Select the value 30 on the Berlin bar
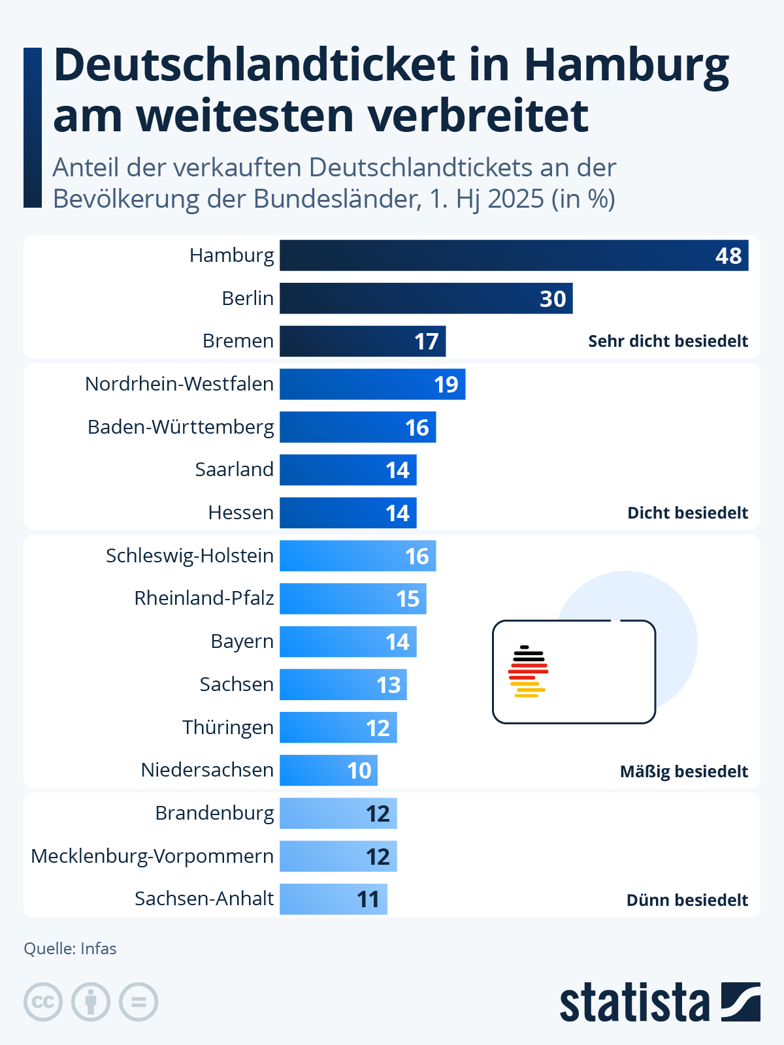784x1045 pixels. point(553,298)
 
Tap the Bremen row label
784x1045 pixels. point(238,341)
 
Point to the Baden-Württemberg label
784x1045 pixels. point(181,427)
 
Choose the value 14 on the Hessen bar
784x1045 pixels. point(397,513)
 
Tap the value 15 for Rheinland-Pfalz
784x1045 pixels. point(408,599)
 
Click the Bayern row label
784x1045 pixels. point(242,641)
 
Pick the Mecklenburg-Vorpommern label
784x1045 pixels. point(152,856)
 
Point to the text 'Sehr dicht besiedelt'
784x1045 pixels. point(668,341)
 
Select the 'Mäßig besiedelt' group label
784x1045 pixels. point(683,771)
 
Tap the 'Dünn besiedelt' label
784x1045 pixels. point(687,900)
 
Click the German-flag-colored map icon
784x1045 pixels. point(528,671)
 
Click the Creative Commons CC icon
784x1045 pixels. point(43,1002)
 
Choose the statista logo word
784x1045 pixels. point(634,1003)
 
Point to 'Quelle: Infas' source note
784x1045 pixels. point(70,948)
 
